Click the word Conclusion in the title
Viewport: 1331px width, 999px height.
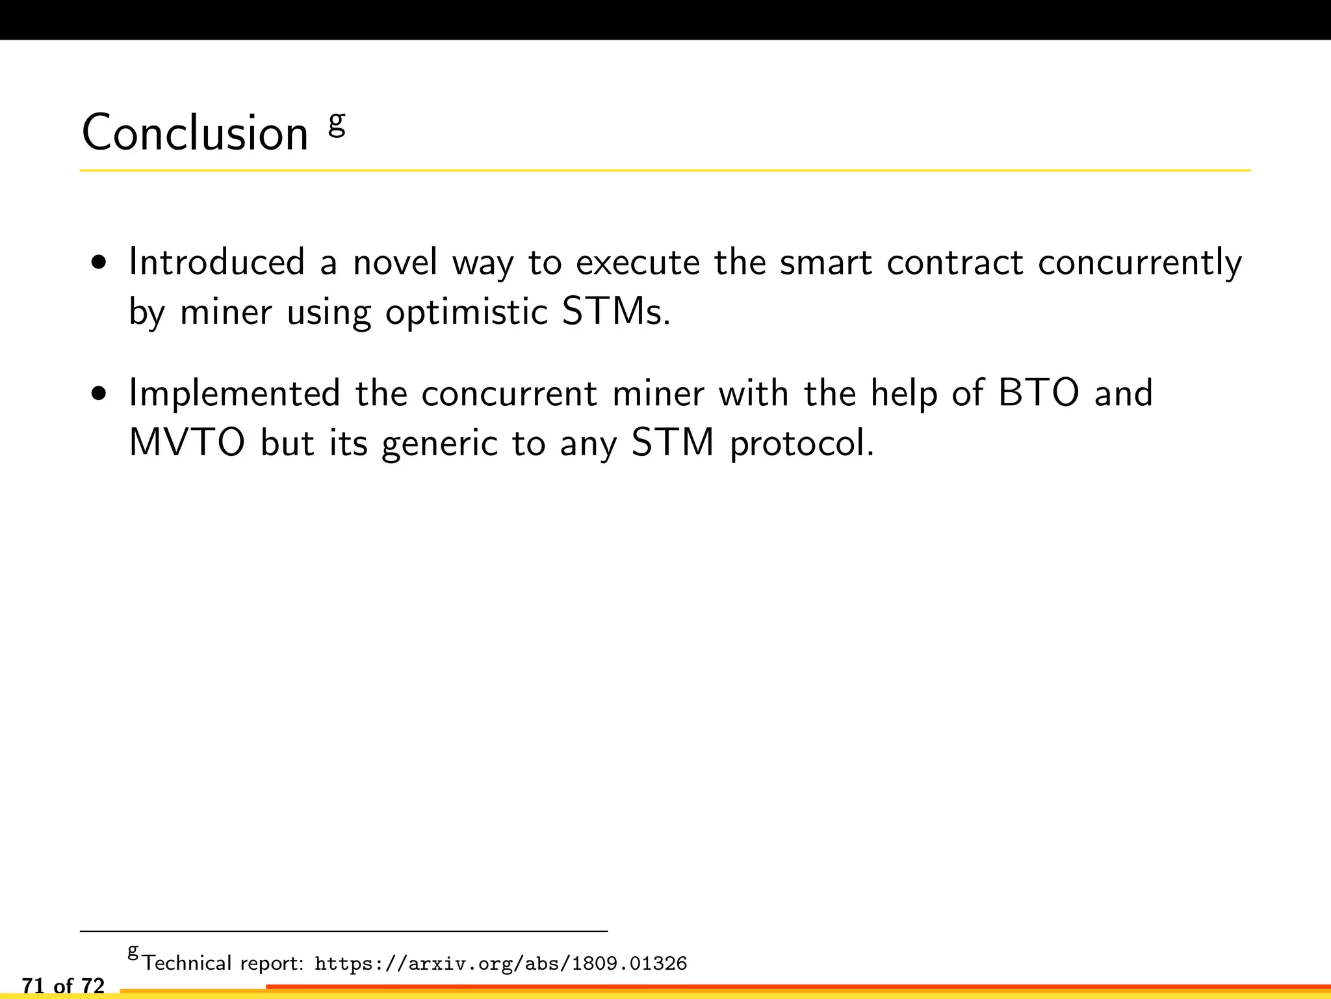(x=195, y=133)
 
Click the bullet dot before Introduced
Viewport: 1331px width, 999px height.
(x=99, y=263)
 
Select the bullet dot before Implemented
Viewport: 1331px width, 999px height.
(x=99, y=394)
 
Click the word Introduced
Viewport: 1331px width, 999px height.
(x=217, y=262)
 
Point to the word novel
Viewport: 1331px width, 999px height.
(x=395, y=262)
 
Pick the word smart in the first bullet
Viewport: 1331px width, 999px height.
(x=825, y=262)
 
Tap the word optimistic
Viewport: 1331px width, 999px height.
(x=467, y=313)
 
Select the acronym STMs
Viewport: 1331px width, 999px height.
(x=615, y=312)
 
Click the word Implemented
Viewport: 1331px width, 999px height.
(x=235, y=394)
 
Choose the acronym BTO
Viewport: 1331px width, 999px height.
(x=1039, y=393)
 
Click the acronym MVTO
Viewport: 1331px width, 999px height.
(x=187, y=443)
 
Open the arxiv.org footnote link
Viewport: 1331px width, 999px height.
(x=500, y=963)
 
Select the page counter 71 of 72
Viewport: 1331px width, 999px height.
(x=63, y=986)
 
